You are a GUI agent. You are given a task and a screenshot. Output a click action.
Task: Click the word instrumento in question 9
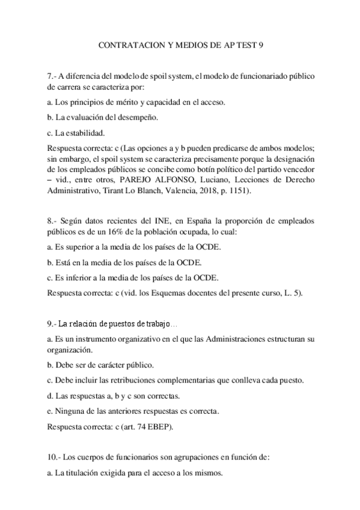pyautogui.click(x=93, y=340)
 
